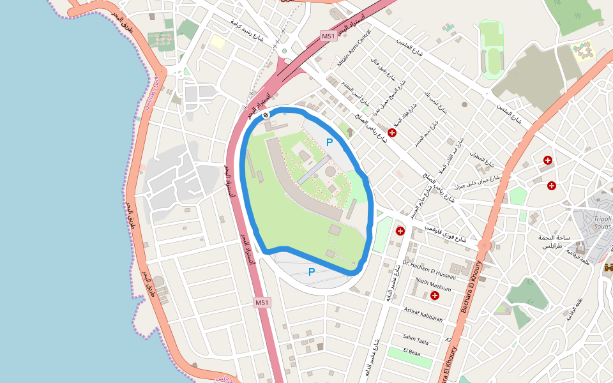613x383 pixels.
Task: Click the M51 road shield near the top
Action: point(328,36)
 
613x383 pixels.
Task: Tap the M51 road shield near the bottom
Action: point(262,302)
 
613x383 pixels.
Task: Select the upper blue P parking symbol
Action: point(329,142)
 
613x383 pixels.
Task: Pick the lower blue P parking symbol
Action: point(312,272)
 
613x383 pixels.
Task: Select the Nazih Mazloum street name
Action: point(433,284)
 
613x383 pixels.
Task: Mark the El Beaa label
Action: point(412,352)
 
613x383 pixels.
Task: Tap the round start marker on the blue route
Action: point(266,114)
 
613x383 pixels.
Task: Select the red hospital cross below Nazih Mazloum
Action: point(435,296)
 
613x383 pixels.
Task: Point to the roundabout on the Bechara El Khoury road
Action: point(485,245)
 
